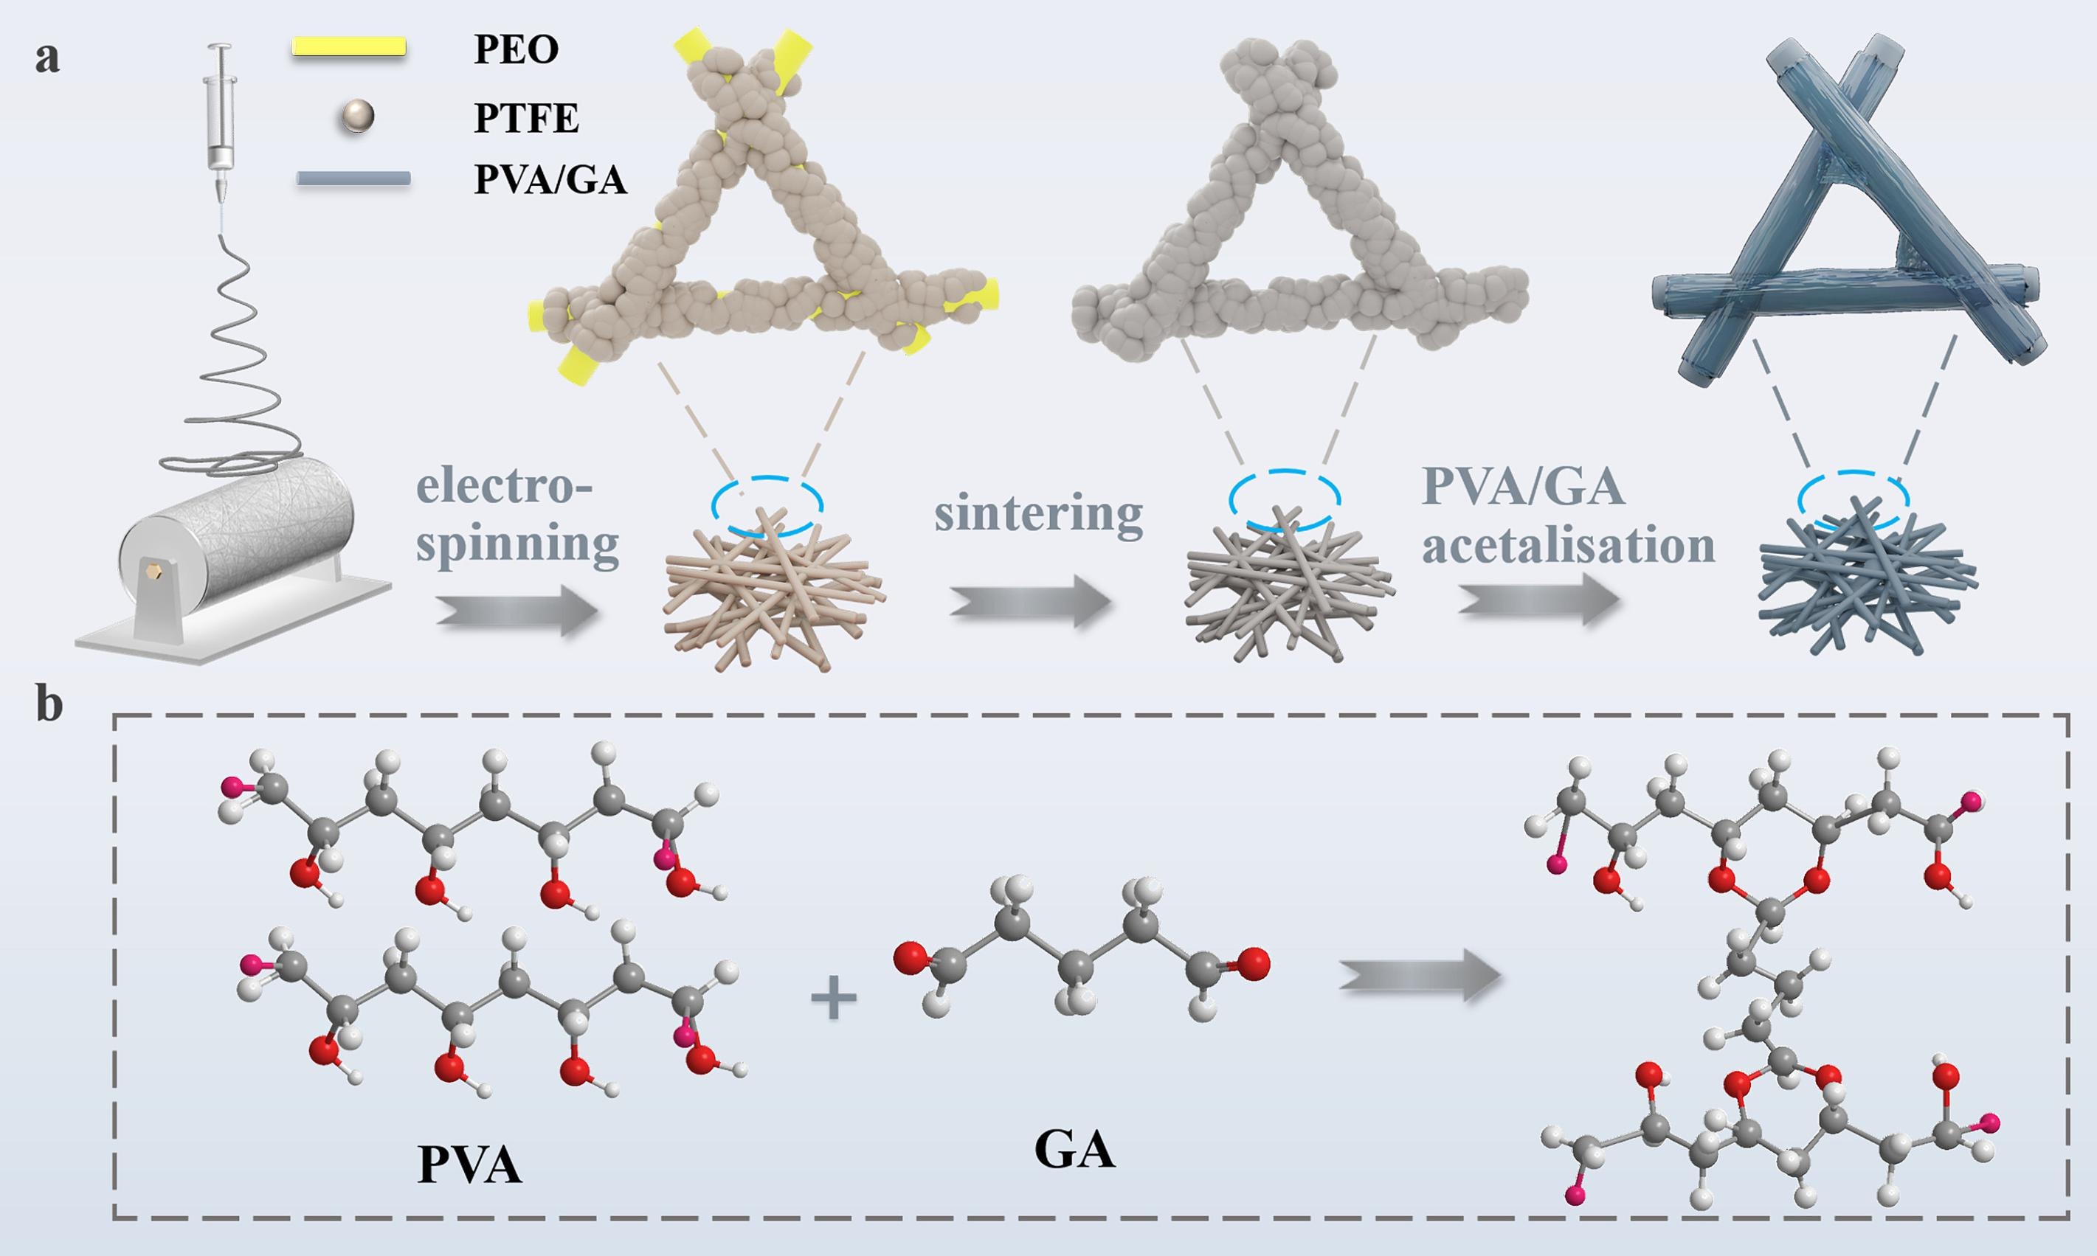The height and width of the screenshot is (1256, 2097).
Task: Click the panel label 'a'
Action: click(47, 59)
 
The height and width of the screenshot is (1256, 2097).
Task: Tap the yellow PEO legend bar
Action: click(348, 47)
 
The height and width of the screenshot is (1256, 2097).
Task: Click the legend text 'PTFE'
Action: click(526, 118)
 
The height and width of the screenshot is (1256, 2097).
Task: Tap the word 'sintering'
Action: click(1038, 514)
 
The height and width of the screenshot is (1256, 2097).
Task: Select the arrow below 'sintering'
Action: click(1029, 603)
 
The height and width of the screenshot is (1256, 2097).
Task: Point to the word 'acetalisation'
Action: click(1568, 546)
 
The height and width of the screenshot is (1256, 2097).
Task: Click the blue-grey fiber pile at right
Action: click(1866, 585)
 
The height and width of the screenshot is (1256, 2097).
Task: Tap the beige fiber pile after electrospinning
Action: click(772, 591)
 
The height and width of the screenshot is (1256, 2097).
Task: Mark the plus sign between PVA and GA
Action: click(834, 997)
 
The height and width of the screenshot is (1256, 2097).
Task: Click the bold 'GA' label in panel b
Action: click(1074, 1151)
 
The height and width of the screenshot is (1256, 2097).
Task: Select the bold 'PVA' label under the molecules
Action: click(469, 1165)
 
